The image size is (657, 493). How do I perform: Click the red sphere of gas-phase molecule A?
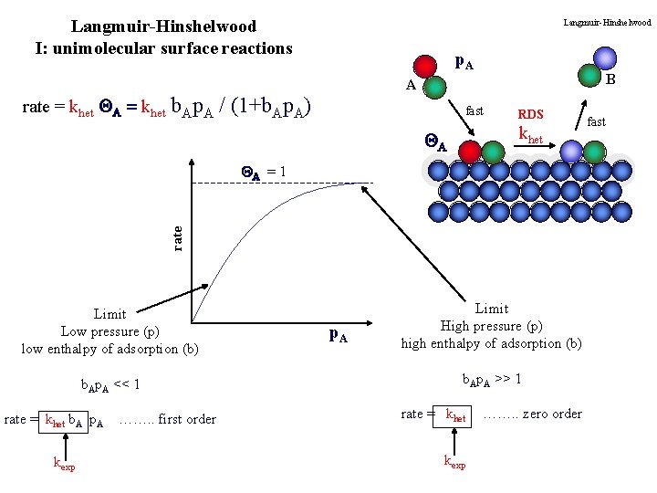click(x=425, y=67)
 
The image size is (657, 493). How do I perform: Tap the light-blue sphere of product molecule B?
click(x=604, y=58)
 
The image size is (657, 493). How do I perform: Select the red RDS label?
click(x=530, y=115)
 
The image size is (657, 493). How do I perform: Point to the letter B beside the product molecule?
click(x=610, y=80)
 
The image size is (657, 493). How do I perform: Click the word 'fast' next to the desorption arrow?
click(x=596, y=121)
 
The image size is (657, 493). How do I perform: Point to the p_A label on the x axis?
click(x=337, y=334)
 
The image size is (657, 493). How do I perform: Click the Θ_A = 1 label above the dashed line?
click(x=264, y=171)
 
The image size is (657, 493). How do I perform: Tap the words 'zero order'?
click(x=546, y=414)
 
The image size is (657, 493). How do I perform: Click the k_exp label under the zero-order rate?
click(x=454, y=463)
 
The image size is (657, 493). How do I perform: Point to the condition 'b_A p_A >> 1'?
click(x=492, y=378)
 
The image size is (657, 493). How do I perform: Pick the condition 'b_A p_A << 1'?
click(x=109, y=384)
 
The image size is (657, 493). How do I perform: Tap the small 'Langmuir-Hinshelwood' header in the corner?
click(x=607, y=22)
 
